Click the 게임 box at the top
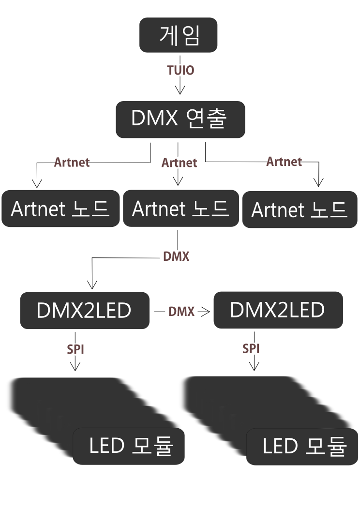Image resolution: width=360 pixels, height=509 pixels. tap(179, 35)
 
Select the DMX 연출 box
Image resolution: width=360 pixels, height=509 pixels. tap(180, 119)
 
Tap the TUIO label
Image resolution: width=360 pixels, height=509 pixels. tap(180, 71)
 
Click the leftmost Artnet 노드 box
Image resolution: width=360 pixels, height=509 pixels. tap(60, 209)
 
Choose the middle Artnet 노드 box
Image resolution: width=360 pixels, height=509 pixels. tap(180, 209)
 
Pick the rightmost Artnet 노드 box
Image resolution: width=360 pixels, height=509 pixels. tap(300, 210)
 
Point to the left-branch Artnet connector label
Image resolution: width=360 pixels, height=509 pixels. tap(72, 162)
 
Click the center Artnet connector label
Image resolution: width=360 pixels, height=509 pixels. tap(179, 163)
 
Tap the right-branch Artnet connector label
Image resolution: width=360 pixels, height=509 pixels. tap(284, 161)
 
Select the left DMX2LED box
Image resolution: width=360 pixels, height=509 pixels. tap(84, 311)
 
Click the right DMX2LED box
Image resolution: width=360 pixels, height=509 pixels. tap(278, 310)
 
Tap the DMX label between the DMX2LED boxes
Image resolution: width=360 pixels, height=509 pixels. tap(181, 312)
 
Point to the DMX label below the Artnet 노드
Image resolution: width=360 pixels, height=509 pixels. tap(176, 256)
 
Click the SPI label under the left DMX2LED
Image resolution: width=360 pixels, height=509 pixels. tap(75, 349)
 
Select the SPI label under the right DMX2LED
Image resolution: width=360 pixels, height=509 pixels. tap(251, 348)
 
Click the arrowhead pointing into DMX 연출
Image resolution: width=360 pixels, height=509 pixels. tap(180, 90)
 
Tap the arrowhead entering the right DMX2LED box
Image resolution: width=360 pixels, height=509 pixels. tap(205, 312)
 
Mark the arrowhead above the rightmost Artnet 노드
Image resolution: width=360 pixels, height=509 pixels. tap(318, 182)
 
